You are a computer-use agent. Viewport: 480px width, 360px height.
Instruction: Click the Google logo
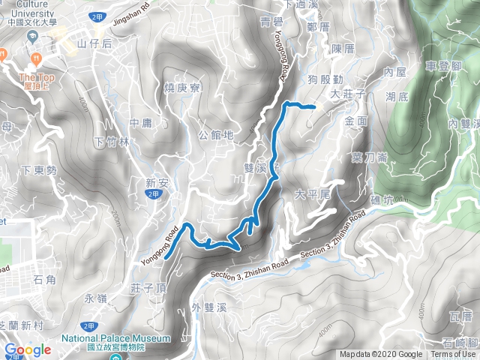[28, 349]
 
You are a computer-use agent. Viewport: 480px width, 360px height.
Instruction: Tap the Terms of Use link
[453, 355]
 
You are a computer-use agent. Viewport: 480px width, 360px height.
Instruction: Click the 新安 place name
[156, 181]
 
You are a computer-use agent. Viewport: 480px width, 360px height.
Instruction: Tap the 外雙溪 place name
[208, 307]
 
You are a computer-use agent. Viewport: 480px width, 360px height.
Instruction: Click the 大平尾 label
[313, 194]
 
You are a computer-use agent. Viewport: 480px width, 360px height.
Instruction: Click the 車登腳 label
[442, 67]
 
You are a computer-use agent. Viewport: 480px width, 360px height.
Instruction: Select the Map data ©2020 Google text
[381, 355]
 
